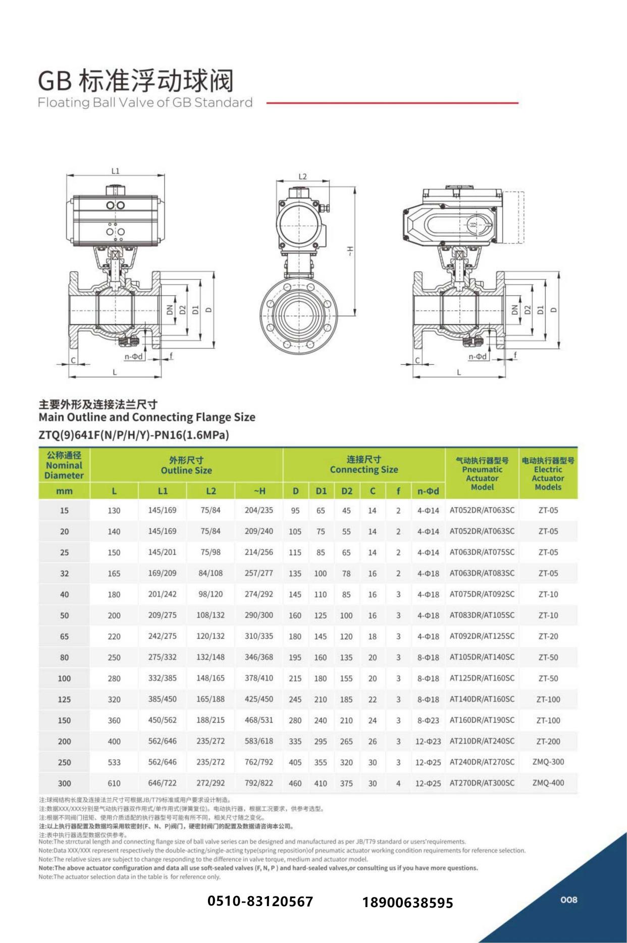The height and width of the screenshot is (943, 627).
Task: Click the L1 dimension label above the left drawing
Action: click(115, 171)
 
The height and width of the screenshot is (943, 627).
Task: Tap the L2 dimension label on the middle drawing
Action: click(302, 177)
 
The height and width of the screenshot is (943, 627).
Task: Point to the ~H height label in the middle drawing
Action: click(350, 250)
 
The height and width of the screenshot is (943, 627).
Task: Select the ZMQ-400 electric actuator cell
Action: click(548, 782)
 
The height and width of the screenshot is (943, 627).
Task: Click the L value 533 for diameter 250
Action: click(114, 762)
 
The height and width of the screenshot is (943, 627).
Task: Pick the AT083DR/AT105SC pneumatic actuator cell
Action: click(482, 615)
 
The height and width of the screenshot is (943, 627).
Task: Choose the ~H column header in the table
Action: click(259, 491)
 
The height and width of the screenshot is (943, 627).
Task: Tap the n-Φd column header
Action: click(428, 491)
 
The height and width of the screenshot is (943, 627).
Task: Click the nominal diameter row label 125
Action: click(64, 700)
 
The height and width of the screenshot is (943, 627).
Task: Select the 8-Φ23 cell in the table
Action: click(428, 720)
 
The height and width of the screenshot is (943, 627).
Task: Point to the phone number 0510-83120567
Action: click(260, 902)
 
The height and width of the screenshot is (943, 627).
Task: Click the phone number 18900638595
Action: click(407, 903)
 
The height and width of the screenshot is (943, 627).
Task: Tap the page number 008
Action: click(568, 900)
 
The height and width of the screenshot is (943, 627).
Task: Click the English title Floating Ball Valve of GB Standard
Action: click(145, 103)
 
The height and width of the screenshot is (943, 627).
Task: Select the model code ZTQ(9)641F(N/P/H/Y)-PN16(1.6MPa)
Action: click(134, 435)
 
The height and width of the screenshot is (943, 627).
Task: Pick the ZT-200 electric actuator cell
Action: click(548, 741)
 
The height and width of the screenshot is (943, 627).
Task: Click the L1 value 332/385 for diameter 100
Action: click(162, 678)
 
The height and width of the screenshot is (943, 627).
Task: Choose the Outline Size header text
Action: click(186, 471)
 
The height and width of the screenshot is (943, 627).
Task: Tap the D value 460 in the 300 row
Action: click(295, 783)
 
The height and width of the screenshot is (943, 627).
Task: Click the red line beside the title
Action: click(392, 103)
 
